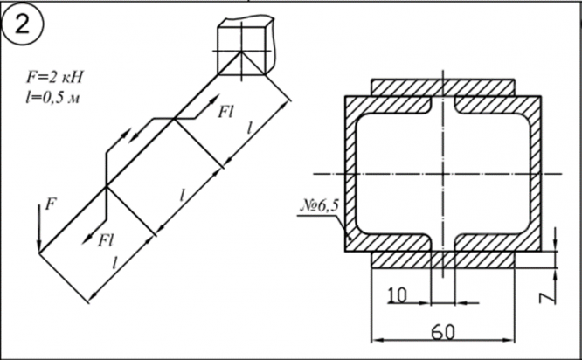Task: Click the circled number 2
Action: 23,24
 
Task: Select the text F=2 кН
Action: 55,77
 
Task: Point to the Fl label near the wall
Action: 226,111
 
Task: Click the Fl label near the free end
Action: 106,240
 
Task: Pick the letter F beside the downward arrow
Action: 51,204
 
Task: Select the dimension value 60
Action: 443,332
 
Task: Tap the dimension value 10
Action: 397,295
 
